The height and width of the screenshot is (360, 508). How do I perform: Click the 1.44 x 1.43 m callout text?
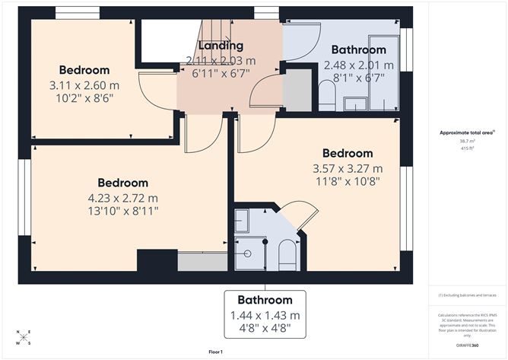[265, 316]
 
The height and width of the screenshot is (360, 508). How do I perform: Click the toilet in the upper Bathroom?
[328, 95]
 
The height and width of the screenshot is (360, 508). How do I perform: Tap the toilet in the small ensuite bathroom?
[287, 255]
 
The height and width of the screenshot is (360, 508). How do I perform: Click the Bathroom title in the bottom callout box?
[265, 300]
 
